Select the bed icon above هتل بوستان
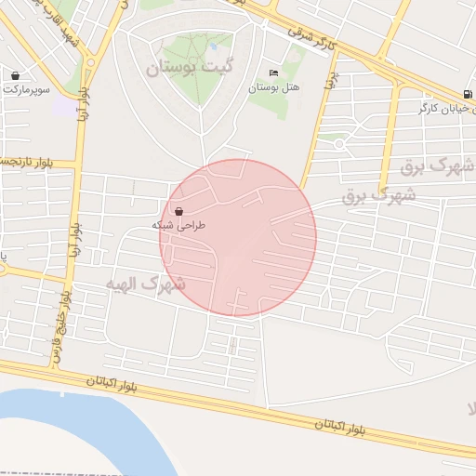[272, 73]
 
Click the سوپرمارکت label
[25, 89]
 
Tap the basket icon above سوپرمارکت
[16, 75]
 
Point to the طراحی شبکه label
[178, 225]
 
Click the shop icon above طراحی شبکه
[178, 211]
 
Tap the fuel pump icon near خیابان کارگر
[467, 95]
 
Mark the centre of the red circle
[238, 238]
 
